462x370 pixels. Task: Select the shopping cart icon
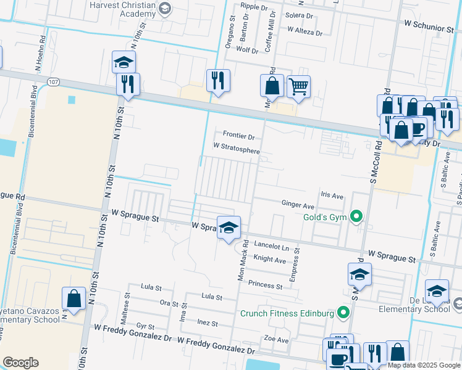[x=298, y=87]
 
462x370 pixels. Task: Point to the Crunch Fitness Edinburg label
[x=287, y=313]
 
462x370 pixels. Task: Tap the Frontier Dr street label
[x=238, y=136]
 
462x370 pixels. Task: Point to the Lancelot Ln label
[x=271, y=247]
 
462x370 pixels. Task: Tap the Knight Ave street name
[x=269, y=260]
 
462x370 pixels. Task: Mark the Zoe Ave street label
[x=276, y=340]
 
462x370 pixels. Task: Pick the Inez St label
[x=208, y=323]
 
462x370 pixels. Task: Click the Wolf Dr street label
[x=247, y=50]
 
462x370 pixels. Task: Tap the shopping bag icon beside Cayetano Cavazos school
[x=73, y=299]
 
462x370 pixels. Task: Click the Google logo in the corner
[x=20, y=363]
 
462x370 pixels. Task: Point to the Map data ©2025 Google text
[x=423, y=365]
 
